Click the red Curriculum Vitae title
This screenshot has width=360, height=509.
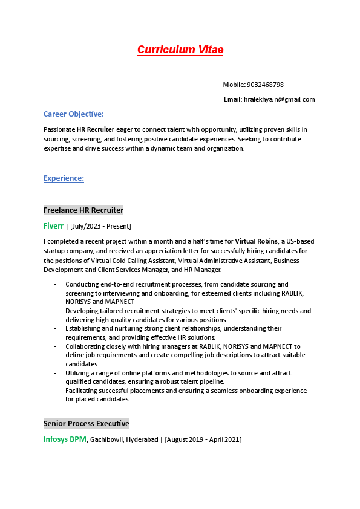(x=180, y=50)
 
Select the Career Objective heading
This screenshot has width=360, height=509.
(x=73, y=114)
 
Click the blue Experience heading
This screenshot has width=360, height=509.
(x=64, y=178)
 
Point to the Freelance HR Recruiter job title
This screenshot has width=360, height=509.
(x=83, y=210)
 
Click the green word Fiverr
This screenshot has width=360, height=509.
(x=53, y=226)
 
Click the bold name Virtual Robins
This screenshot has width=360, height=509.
(x=256, y=241)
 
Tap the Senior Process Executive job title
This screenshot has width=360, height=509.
(x=86, y=424)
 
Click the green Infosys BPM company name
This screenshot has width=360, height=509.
(x=65, y=439)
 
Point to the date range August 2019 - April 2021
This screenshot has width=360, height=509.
(x=203, y=439)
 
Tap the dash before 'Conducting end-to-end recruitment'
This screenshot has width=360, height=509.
(x=55, y=284)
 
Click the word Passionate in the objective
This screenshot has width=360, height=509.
(x=59, y=129)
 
